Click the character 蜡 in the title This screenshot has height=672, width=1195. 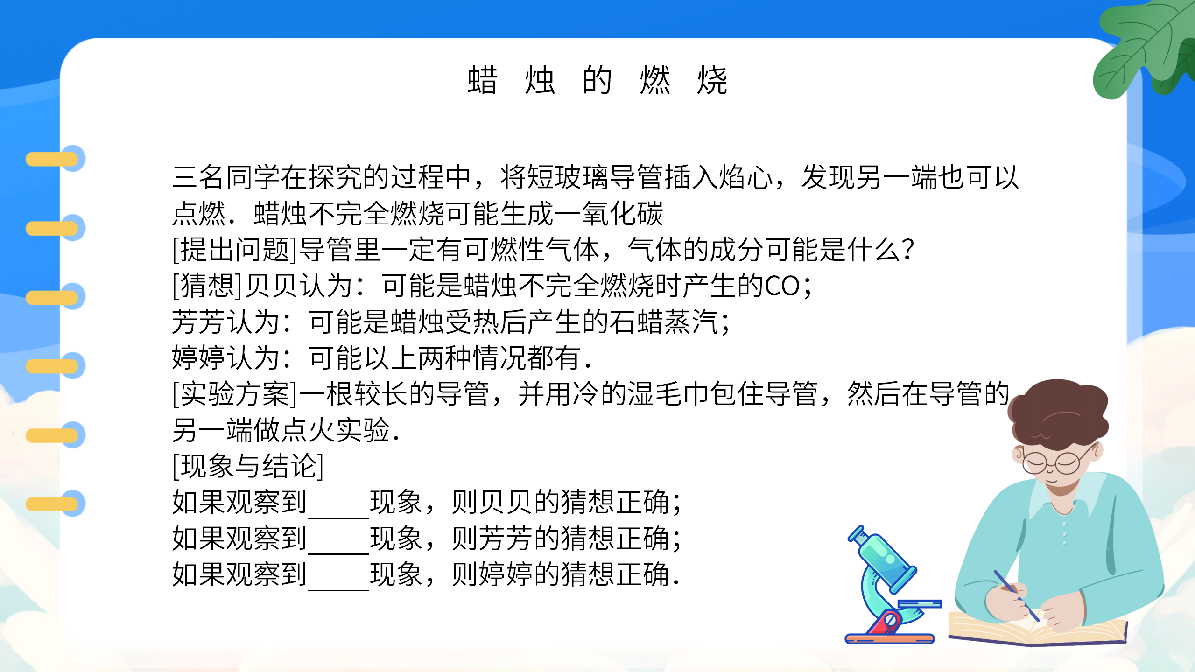click(x=483, y=80)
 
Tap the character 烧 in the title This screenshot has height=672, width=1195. click(x=712, y=80)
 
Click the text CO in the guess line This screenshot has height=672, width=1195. click(x=782, y=286)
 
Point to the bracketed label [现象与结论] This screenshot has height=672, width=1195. click(x=248, y=466)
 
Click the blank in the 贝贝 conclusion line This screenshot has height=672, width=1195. click(x=338, y=504)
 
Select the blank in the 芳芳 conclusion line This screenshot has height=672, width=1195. click(x=338, y=540)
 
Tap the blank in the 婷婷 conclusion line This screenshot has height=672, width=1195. click(x=338, y=576)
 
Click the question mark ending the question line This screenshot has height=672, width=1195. click(x=908, y=250)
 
